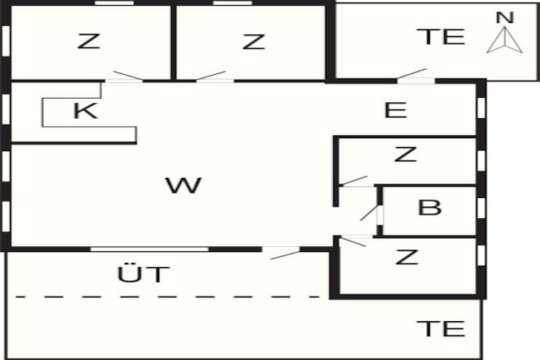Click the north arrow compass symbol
tap(505, 40)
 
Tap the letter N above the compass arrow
tap(505, 17)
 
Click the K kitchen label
tap(85, 110)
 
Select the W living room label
tap(183, 185)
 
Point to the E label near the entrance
tap(395, 110)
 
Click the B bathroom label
tap(429, 207)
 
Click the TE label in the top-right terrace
tap(441, 37)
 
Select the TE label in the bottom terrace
tap(441, 328)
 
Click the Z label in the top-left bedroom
tap(89, 41)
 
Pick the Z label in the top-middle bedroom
tap(253, 41)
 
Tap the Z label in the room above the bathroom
tap(405, 154)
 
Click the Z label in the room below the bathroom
tap(407, 257)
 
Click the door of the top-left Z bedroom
tap(128, 76)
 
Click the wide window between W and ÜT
tap(150, 249)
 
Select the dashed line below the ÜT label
tap(168, 297)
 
